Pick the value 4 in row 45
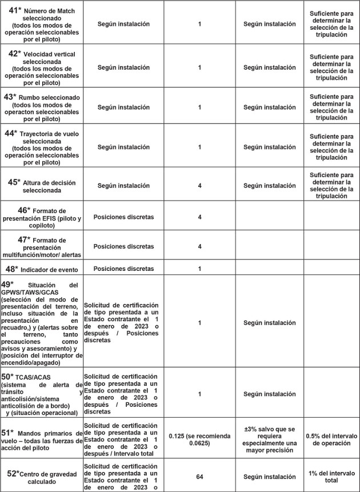click(199, 186)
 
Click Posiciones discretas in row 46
click(123, 217)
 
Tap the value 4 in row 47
click(199, 246)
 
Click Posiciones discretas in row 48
click(123, 268)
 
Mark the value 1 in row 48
click(199, 268)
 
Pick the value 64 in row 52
click(199, 475)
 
